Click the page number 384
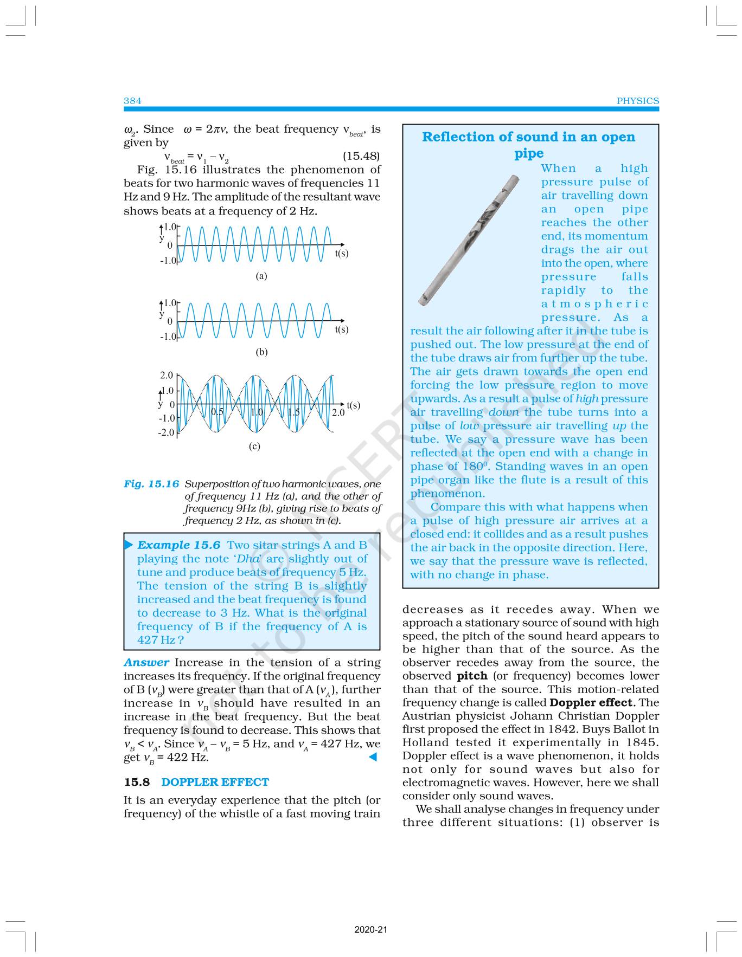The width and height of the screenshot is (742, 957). pyautogui.click(x=132, y=101)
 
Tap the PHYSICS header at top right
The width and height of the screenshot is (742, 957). pyautogui.click(x=637, y=101)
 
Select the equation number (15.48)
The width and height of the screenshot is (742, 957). pyautogui.click(x=361, y=156)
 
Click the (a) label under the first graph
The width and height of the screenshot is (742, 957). pyautogui.click(x=261, y=276)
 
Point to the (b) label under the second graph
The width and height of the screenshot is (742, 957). pyautogui.click(x=261, y=352)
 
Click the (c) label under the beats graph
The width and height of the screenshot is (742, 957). pyautogui.click(x=254, y=447)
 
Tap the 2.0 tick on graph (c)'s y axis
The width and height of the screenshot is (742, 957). pyautogui.click(x=167, y=376)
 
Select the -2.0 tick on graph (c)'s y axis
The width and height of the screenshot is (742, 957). pyautogui.click(x=166, y=432)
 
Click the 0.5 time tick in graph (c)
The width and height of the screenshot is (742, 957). pyautogui.click(x=217, y=412)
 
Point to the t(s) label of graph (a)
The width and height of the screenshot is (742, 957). pyautogui.click(x=341, y=253)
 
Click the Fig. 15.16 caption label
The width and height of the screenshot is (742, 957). pyautogui.click(x=151, y=484)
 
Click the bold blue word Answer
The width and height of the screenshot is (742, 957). pyautogui.click(x=146, y=662)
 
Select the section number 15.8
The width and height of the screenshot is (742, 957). pyautogui.click(x=136, y=782)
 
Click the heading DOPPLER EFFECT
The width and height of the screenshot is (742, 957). pyautogui.click(x=215, y=782)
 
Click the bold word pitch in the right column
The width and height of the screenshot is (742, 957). pyautogui.click(x=472, y=676)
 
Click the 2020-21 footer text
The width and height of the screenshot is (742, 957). pyautogui.click(x=371, y=930)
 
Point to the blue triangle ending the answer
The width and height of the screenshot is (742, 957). pyautogui.click(x=373, y=757)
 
